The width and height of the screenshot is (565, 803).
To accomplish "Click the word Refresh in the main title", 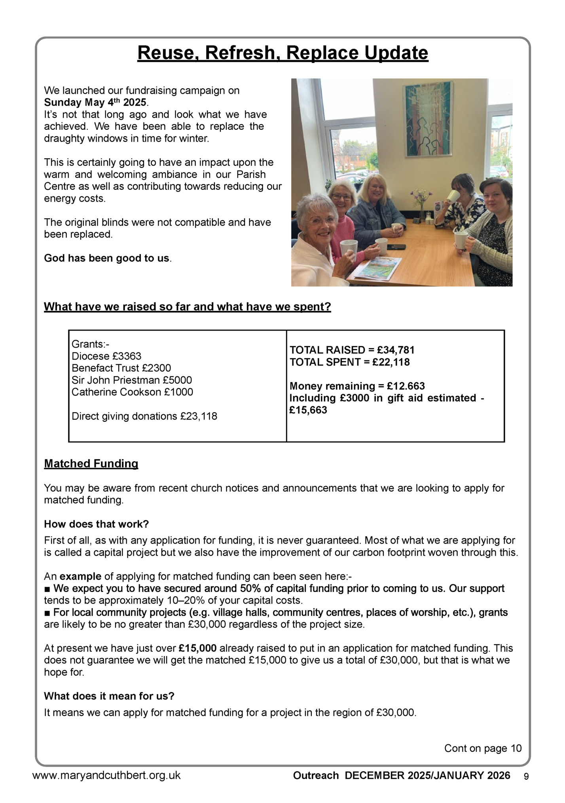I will (x=241, y=53).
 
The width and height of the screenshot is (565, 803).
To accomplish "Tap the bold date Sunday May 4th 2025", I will (x=95, y=103).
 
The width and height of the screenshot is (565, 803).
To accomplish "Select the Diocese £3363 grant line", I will (x=106, y=356).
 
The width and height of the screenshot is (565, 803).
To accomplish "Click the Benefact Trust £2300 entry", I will (x=121, y=368).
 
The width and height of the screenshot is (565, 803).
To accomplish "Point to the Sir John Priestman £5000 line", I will (x=131, y=380).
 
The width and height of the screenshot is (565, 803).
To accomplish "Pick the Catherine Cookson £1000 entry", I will (x=132, y=392).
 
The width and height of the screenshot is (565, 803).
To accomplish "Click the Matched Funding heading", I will (x=91, y=464).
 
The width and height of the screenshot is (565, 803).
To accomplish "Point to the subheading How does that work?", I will (x=96, y=524).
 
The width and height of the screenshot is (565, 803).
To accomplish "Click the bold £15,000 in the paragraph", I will (x=197, y=648).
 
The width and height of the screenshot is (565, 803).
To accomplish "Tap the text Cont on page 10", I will (x=483, y=748).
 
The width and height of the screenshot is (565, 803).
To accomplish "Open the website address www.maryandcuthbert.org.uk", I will (x=106, y=775).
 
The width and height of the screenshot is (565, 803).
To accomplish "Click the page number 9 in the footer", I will (x=526, y=776).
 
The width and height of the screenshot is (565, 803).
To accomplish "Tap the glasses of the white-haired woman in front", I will (x=319, y=220).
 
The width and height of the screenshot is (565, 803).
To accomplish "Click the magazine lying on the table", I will (x=378, y=267).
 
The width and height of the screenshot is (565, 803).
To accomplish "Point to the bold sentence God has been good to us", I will (x=107, y=258).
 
